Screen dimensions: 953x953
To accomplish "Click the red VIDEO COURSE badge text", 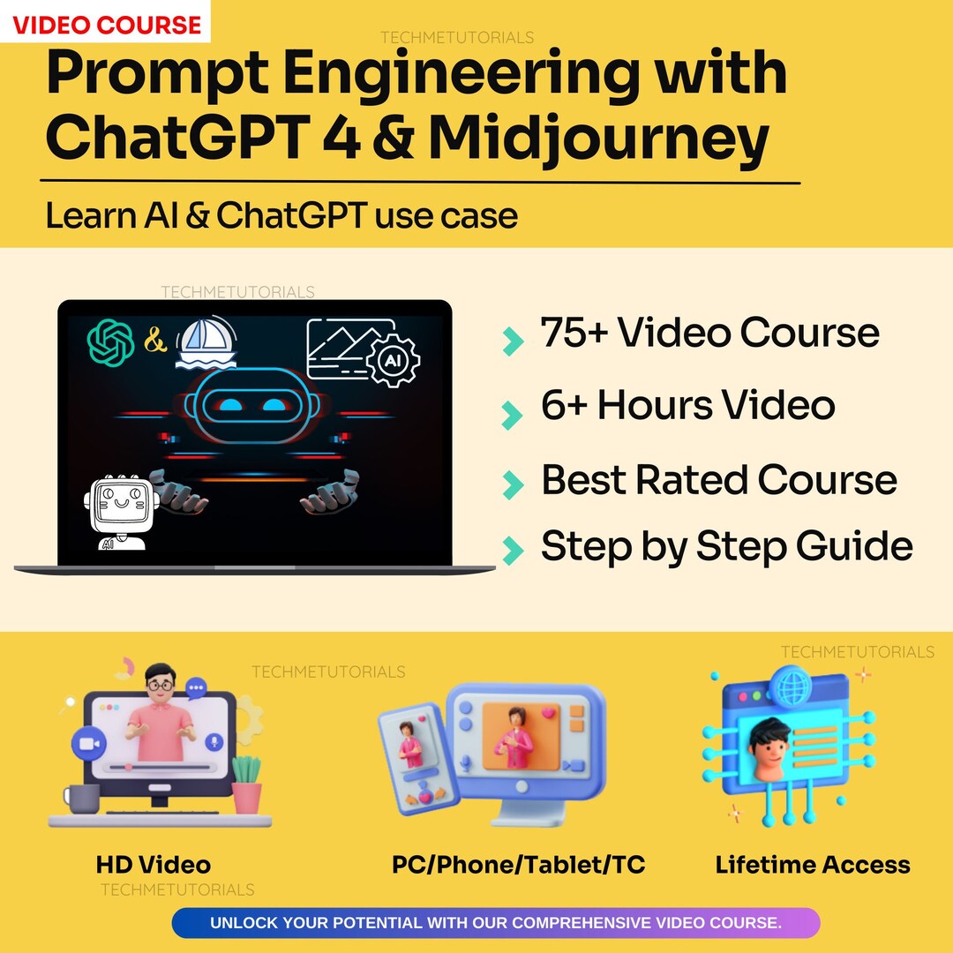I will (105, 24).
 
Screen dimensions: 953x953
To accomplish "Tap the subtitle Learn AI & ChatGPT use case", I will (281, 215).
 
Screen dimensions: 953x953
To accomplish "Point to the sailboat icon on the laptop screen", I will (206, 343).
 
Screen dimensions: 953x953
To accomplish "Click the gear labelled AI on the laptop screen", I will (392, 360).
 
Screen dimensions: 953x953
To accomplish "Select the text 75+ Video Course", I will (709, 334).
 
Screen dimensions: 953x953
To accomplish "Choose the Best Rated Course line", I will (718, 480).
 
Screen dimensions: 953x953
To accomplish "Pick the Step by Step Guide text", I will (725, 546).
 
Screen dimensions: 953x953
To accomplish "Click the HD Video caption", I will (154, 865).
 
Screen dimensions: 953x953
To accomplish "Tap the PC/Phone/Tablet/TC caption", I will (518, 865).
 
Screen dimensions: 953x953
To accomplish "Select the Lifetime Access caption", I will (813, 865).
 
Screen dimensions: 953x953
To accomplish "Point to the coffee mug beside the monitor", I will (83, 798).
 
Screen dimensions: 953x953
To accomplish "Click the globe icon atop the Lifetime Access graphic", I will (788, 684).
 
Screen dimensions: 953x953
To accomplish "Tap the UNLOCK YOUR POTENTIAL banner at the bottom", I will (495, 923).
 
